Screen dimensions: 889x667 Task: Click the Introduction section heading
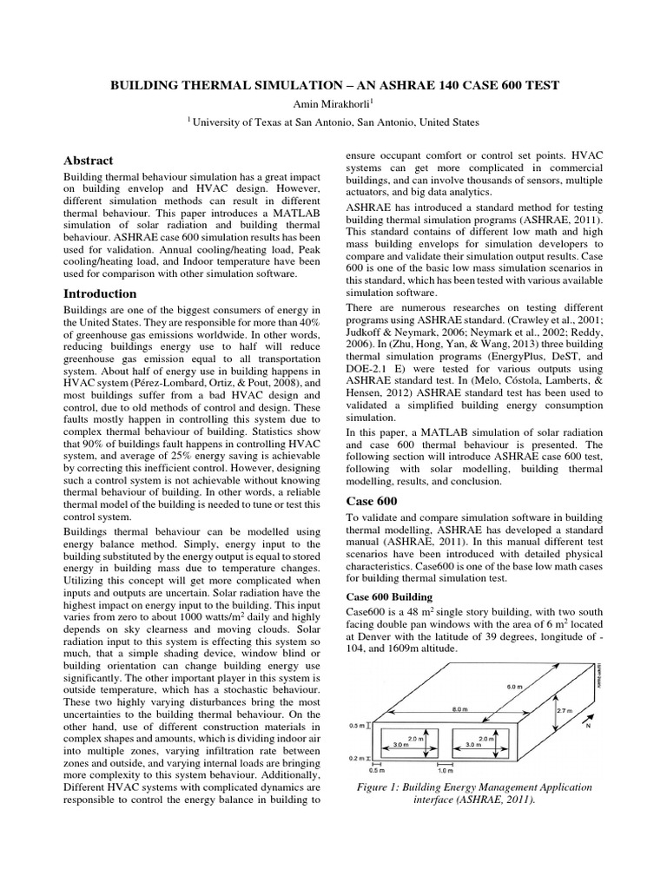101,293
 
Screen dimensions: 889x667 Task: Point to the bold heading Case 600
372,501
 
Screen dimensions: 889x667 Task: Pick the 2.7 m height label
565,710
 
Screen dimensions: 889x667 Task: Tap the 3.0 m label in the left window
399,744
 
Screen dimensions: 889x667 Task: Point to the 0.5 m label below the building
377,769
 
